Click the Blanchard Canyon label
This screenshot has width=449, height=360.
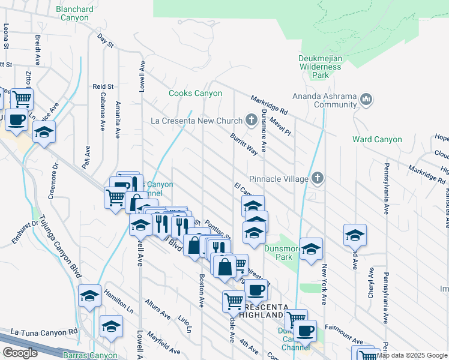click(74, 13)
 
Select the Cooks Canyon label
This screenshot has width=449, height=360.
click(195, 94)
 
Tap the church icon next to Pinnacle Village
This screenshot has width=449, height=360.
click(318, 178)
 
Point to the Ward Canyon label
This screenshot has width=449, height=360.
click(377, 140)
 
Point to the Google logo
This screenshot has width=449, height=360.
click(20, 352)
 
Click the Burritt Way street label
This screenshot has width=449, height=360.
click(244, 144)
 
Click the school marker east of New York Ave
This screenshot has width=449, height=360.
click(355, 235)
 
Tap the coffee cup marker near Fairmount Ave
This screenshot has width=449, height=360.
click(305, 331)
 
